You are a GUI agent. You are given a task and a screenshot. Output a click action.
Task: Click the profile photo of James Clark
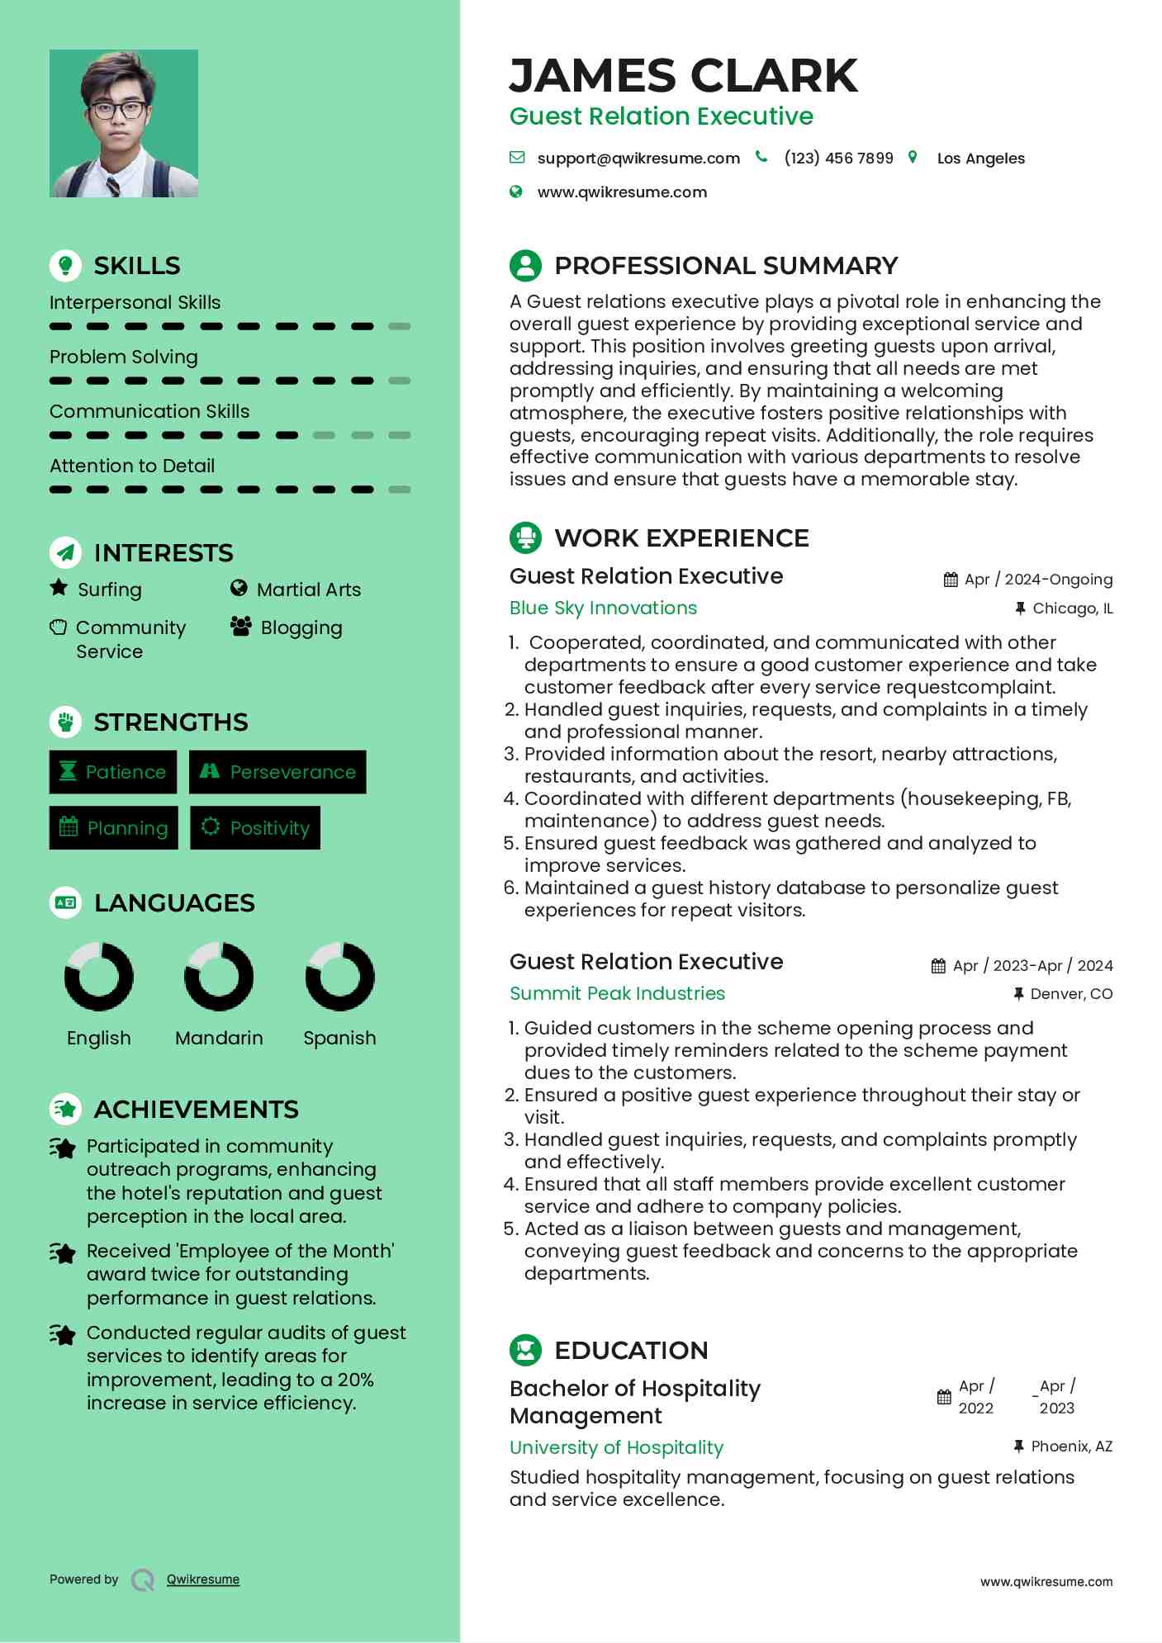(x=124, y=123)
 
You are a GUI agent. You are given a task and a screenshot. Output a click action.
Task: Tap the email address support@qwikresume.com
(x=638, y=158)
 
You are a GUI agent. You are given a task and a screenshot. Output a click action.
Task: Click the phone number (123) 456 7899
(x=838, y=158)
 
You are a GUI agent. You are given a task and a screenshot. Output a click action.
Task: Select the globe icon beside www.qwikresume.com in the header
(x=516, y=192)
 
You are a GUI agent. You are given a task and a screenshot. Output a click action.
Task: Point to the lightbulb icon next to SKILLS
(x=65, y=265)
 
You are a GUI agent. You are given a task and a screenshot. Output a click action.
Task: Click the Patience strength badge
(x=113, y=772)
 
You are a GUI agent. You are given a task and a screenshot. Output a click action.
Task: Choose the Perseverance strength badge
(x=277, y=772)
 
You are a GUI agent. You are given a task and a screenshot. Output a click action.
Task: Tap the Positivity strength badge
(x=255, y=827)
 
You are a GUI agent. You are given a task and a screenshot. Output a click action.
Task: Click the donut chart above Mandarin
(x=219, y=976)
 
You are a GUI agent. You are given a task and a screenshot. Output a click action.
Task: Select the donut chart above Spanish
(x=339, y=976)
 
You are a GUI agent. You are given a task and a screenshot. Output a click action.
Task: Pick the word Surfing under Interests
(x=109, y=589)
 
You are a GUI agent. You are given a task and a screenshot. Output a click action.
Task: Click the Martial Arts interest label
(x=308, y=589)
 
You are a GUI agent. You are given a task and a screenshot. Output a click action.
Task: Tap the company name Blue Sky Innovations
(x=603, y=608)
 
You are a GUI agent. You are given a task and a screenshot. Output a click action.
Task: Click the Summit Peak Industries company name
(x=617, y=993)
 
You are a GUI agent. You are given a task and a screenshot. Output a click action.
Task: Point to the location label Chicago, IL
(x=1072, y=608)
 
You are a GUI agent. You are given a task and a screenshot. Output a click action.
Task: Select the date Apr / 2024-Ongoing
(x=1038, y=580)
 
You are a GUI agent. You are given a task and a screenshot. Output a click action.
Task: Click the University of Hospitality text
(x=616, y=1447)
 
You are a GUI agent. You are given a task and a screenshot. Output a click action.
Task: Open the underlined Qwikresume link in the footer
(x=203, y=1579)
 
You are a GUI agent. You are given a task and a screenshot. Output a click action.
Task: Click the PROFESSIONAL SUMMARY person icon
(x=525, y=265)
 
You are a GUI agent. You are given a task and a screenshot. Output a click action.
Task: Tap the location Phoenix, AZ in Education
(x=1071, y=1447)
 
